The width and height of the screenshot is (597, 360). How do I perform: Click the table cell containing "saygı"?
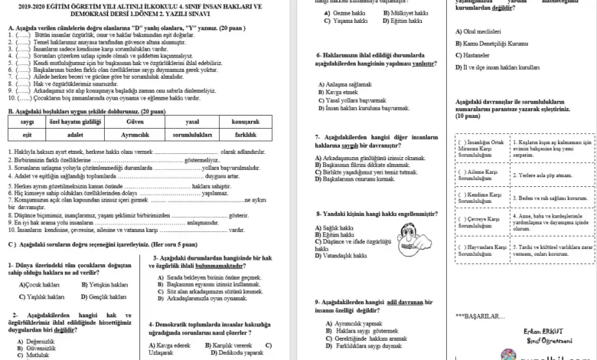pyautogui.click(x=27, y=121)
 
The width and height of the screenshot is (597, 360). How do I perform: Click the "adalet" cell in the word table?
pyautogui.click(x=74, y=134)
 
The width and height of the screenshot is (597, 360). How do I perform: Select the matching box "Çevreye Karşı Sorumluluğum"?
pyautogui.click(x=482, y=223)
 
